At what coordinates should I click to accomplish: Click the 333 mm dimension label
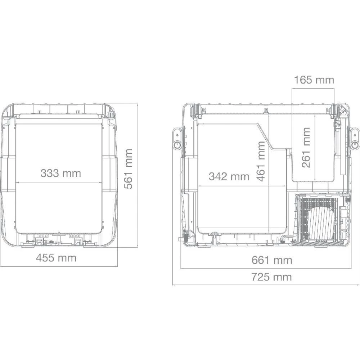[x=61, y=173]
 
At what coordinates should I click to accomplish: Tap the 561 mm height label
[x=129, y=169]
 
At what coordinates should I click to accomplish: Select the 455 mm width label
[x=56, y=258]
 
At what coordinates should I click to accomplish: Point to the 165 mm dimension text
[x=314, y=80]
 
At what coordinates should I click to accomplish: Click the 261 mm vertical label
[x=306, y=148]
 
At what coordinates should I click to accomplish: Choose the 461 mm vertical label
[x=261, y=161]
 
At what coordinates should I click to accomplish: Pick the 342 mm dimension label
[x=229, y=176]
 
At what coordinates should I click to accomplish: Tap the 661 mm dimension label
[x=272, y=260]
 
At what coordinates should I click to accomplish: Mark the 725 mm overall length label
[x=271, y=277]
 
